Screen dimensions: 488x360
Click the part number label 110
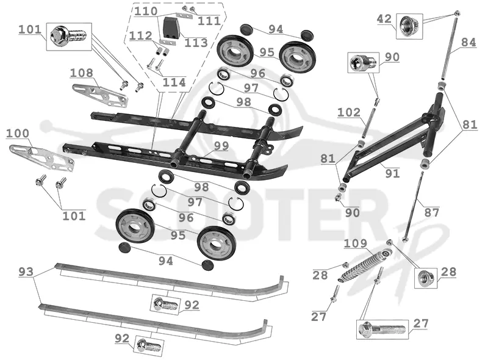[x=146, y=12]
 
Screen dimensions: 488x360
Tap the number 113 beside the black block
[x=196, y=43]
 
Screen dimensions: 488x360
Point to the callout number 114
[x=174, y=82]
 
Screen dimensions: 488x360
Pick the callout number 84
[x=468, y=42]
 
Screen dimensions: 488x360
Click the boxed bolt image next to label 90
[x=364, y=62]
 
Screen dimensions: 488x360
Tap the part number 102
[x=349, y=112]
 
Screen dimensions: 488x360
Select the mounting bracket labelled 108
[x=100, y=95]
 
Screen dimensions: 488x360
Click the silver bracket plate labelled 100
[x=41, y=158]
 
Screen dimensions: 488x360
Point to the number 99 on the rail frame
[x=221, y=146]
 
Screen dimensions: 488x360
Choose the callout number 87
[x=432, y=213]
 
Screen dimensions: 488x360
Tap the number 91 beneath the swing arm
[x=392, y=173]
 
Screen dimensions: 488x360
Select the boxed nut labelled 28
[x=425, y=278]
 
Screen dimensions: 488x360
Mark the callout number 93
[x=26, y=272]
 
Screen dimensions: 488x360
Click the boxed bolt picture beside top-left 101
[x=69, y=37]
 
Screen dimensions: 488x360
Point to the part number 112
[x=141, y=36]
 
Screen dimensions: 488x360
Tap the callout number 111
[x=209, y=21]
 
